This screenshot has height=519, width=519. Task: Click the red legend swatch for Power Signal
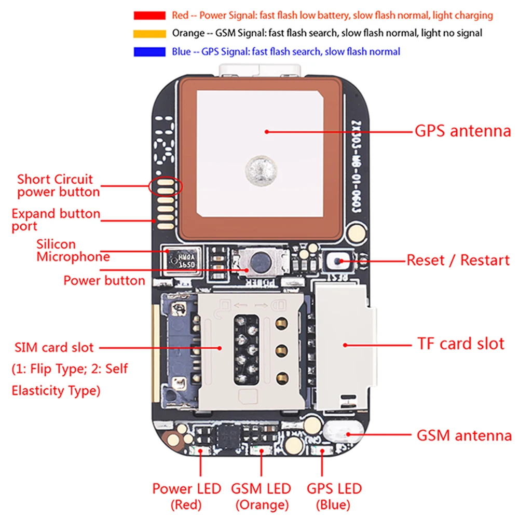149,16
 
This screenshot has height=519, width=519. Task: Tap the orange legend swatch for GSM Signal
149,34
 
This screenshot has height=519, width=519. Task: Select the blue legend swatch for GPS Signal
149,52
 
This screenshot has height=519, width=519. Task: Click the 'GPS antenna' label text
462,131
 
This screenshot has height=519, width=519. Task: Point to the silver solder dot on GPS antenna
259,170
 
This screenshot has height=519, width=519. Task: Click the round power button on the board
258,262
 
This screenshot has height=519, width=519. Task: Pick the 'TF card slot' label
461,344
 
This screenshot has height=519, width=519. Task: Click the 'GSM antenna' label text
464,435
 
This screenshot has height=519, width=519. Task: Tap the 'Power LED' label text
186,488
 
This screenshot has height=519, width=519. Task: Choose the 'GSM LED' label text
261,488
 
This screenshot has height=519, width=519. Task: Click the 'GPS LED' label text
334,488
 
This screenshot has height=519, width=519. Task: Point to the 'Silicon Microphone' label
73,250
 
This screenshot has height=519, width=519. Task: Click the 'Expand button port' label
56,220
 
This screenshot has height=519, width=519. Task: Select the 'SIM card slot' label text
54,347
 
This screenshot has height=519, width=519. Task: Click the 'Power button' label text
104,281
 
